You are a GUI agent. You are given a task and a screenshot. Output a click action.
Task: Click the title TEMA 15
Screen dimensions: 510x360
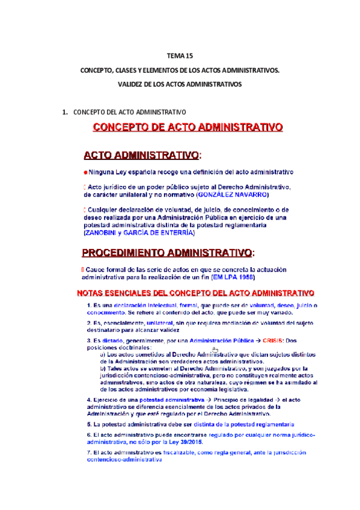[180, 57]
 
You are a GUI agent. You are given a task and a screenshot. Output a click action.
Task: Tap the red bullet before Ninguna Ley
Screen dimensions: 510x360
[85, 173]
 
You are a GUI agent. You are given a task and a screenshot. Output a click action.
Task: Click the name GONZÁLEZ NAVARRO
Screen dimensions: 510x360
[233, 195]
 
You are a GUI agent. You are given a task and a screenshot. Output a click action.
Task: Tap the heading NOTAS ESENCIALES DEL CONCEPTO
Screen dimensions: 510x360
[195, 293]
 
